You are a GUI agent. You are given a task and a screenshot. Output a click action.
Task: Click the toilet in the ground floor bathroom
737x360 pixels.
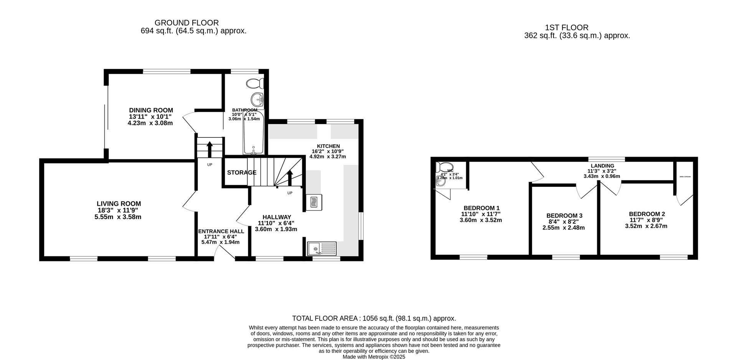click(x=255, y=83)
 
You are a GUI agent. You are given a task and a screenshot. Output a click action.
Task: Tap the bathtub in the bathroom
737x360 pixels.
click(x=253, y=132)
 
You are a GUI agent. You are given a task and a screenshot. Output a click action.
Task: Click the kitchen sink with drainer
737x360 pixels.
click(x=322, y=249)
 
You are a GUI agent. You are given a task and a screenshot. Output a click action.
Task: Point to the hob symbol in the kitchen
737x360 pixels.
click(x=314, y=202)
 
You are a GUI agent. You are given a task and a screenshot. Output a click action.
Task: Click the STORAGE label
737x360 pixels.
click(x=241, y=173)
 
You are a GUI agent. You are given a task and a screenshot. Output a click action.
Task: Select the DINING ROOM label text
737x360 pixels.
click(x=151, y=110)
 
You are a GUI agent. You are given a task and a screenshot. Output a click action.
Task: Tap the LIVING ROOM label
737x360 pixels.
click(x=119, y=204)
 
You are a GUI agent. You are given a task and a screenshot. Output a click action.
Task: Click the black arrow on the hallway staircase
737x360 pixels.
click(x=290, y=177)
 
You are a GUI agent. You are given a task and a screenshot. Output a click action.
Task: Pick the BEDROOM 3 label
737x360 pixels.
click(x=564, y=216)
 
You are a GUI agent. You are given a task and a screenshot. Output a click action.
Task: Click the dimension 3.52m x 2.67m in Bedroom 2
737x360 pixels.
click(x=646, y=226)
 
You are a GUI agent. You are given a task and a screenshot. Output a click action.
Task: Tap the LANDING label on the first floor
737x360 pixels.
click(x=602, y=166)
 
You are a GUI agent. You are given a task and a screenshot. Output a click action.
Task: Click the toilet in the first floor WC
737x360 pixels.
click(x=444, y=167)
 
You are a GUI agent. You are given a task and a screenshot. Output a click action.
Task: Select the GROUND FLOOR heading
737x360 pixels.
click(x=187, y=23)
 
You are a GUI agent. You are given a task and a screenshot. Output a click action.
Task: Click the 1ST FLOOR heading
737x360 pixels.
click(x=566, y=28)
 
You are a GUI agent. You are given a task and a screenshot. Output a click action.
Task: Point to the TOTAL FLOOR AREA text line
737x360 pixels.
click(x=374, y=318)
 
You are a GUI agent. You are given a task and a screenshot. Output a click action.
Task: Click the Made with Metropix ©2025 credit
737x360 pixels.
click(x=374, y=357)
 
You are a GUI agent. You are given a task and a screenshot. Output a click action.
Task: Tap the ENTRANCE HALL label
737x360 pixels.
click(x=221, y=231)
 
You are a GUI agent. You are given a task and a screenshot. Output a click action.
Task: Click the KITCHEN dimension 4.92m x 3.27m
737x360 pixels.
click(x=327, y=157)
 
